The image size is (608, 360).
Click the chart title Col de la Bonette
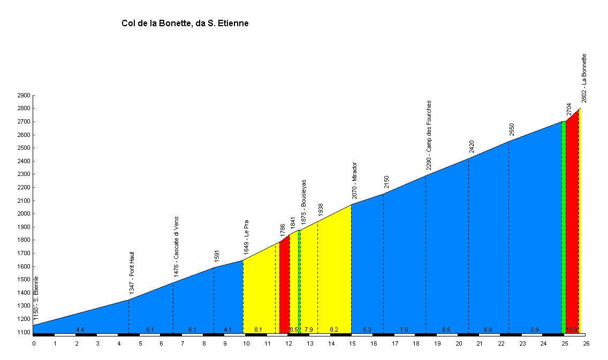(185, 24)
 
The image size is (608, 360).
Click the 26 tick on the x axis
(586, 344)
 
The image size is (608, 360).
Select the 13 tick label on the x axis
(310, 344)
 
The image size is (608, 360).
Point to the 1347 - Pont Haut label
(132, 273)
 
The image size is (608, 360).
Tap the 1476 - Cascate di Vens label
(176, 240)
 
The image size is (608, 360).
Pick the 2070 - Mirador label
(354, 180)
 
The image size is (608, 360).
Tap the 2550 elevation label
(512, 129)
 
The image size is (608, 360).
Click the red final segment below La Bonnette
(572, 225)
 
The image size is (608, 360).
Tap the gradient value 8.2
(334, 330)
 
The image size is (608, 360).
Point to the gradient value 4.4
(80, 330)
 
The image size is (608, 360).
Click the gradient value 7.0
(404, 330)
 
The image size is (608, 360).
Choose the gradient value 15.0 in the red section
(572, 330)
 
